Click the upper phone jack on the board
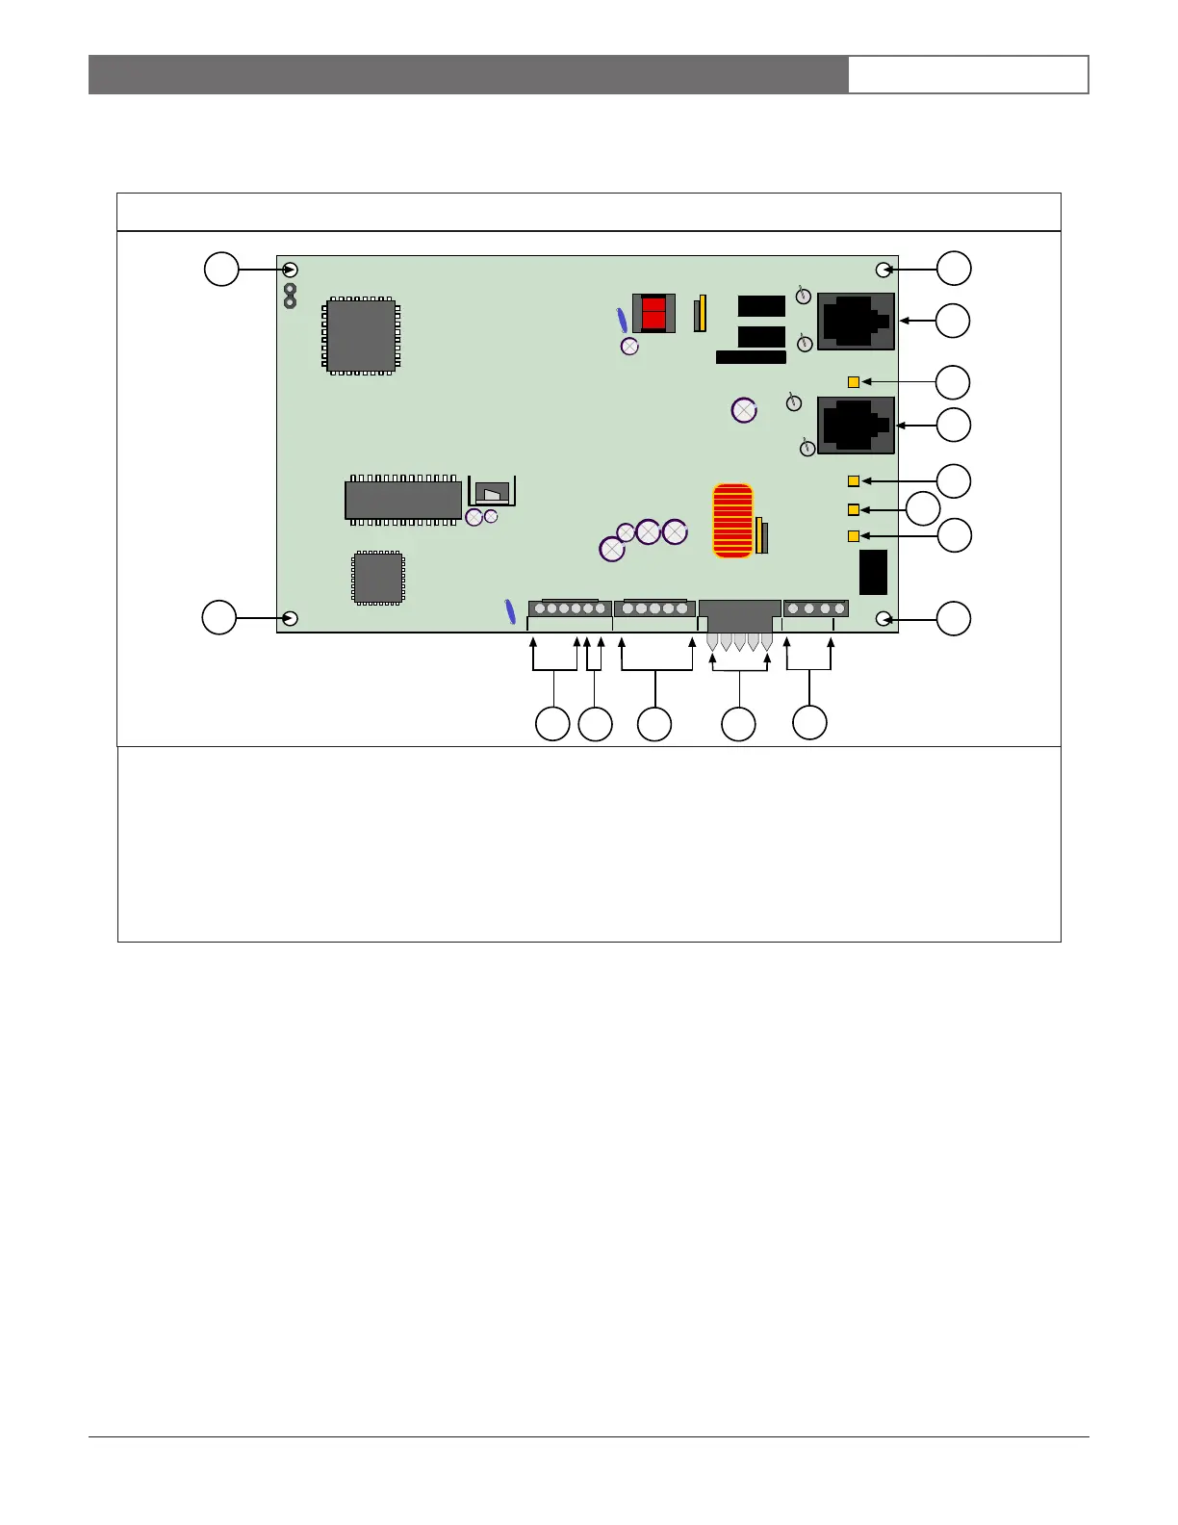click(856, 322)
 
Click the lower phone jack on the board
click(856, 425)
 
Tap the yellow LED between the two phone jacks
click(854, 382)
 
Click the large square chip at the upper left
click(361, 336)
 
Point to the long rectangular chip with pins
click(403, 500)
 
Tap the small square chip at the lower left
click(378, 578)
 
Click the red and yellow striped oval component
click(732, 521)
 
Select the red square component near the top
click(653, 313)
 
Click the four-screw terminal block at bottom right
click(816, 608)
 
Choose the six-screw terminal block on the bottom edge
click(570, 608)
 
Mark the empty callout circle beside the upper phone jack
click(954, 321)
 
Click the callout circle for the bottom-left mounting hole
click(219, 617)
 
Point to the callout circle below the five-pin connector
click(738, 724)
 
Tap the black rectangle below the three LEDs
click(873, 573)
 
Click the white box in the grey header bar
click(968, 74)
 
